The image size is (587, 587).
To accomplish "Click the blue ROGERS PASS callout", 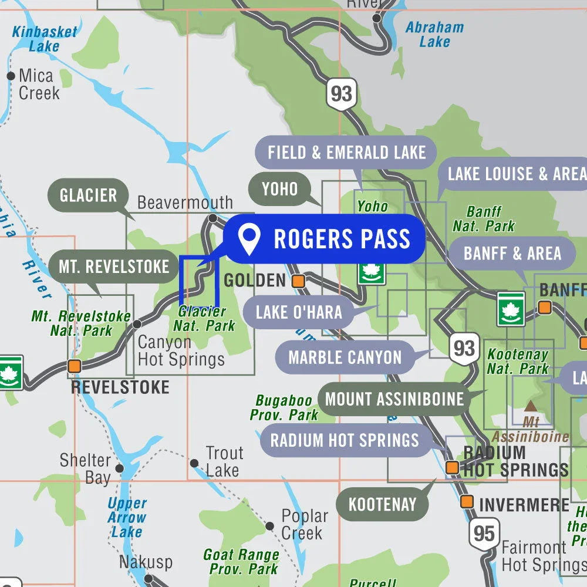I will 325,239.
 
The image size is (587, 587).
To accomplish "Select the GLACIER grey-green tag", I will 88,195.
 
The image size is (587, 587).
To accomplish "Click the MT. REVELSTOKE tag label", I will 114,266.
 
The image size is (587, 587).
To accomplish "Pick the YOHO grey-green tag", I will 280,189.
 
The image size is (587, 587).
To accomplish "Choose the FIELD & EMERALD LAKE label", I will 346,153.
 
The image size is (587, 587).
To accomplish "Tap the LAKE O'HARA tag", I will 299,312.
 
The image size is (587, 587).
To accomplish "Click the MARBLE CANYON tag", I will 345,357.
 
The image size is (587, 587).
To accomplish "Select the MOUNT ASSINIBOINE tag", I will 394,399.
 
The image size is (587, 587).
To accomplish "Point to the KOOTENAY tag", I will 382,504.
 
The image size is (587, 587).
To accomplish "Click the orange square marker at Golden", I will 298,281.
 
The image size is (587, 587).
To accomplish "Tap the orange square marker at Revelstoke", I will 75,366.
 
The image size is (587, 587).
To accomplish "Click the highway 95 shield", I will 484,534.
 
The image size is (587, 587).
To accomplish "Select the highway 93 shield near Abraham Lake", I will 341,93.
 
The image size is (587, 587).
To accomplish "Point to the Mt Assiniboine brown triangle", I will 531,406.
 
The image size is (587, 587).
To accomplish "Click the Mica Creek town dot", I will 11,76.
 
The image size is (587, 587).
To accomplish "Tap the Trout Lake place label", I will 224,461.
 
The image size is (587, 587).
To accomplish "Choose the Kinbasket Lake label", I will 45,38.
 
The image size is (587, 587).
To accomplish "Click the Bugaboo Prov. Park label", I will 284,407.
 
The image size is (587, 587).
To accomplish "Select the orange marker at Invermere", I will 467,502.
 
